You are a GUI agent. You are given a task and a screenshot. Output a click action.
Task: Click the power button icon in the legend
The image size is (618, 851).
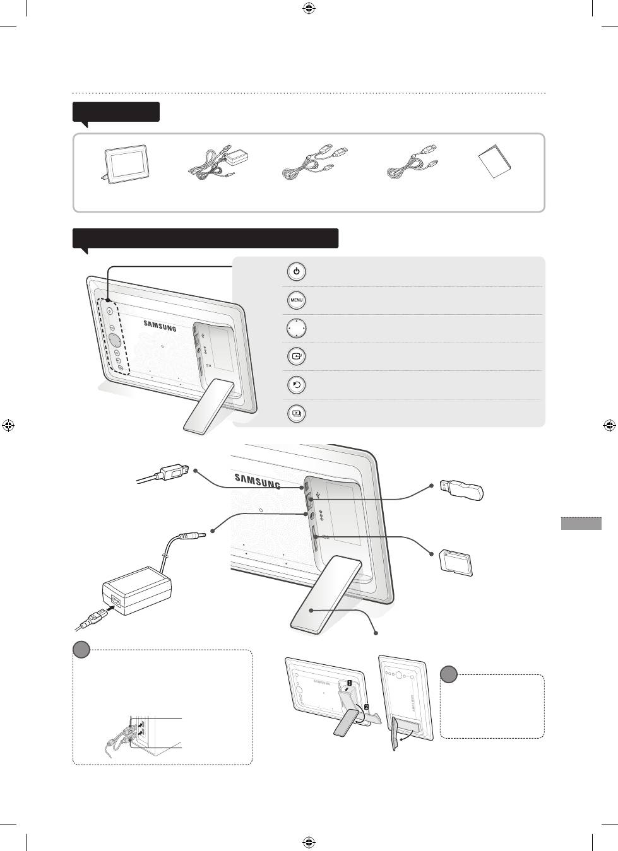point(297,272)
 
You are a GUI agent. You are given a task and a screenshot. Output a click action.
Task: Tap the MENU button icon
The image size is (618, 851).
point(297,300)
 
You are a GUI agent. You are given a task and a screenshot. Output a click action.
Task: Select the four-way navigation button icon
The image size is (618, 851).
point(297,328)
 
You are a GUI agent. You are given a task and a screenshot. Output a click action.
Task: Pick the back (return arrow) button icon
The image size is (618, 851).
point(297,385)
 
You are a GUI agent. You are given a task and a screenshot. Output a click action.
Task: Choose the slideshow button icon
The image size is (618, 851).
point(297,413)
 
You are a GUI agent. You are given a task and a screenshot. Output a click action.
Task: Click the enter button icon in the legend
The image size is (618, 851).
point(297,356)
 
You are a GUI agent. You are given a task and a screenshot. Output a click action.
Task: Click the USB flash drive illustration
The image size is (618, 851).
point(461,490)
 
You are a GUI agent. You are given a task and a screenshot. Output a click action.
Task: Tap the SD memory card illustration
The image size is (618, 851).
point(456,563)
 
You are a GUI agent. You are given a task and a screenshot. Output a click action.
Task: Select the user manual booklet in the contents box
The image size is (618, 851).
point(494,161)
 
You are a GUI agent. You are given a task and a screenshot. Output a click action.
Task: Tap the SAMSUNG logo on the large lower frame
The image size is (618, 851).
point(258,481)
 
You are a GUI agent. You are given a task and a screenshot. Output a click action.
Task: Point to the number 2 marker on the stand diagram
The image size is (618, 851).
point(366,707)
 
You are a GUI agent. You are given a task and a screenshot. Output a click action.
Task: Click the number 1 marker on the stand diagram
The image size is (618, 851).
point(349,683)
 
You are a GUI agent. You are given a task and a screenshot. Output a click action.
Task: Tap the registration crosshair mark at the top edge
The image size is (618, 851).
point(309,8)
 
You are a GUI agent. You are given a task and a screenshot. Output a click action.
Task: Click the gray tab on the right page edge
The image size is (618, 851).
point(581,523)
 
